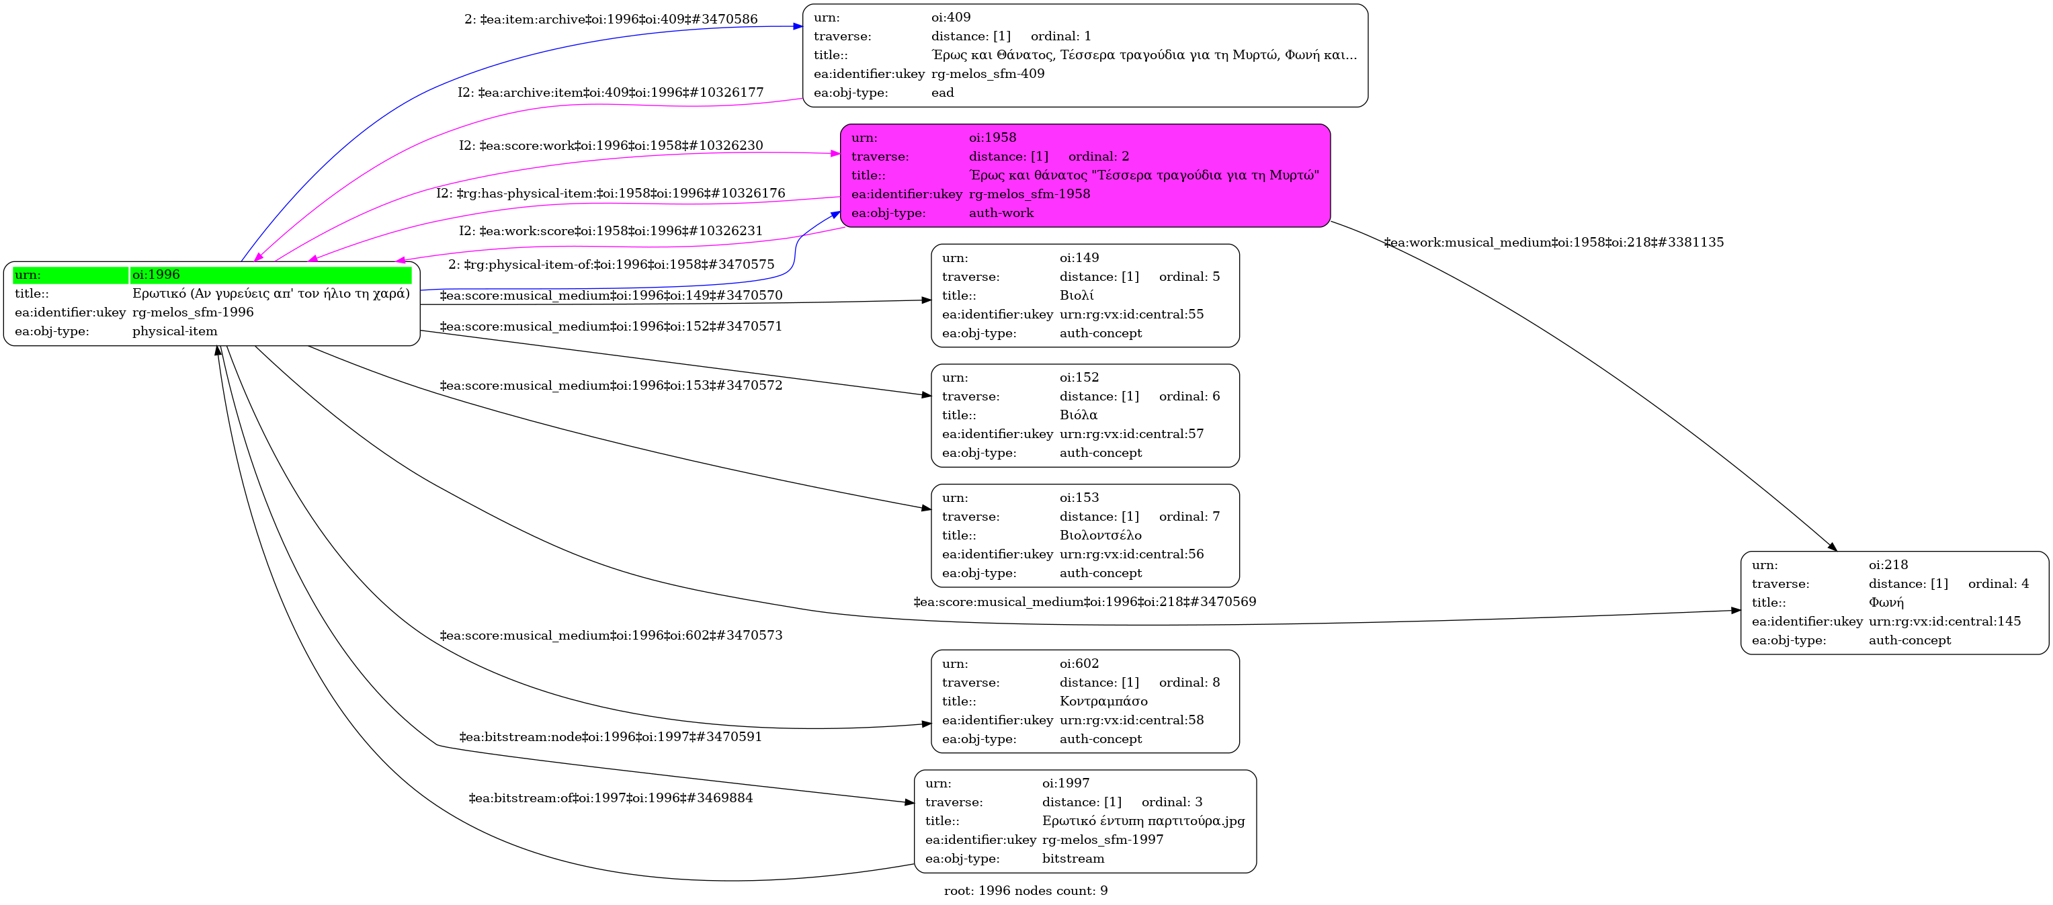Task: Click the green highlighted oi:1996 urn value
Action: (156, 275)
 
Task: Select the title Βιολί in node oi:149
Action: (1077, 296)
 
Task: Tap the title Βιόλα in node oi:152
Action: (1079, 415)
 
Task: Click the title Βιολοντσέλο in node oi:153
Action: (1101, 535)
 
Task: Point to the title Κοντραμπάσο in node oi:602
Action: (1104, 701)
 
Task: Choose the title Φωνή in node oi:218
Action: (1886, 602)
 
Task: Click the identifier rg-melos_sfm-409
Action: (987, 74)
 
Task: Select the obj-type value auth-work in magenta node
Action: (1001, 213)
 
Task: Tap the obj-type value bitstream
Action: (1073, 858)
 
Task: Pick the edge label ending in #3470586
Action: (610, 19)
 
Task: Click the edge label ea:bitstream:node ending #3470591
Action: (610, 737)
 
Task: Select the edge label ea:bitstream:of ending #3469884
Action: (610, 798)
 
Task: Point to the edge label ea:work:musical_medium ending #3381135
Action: (1553, 242)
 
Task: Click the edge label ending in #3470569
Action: (1085, 601)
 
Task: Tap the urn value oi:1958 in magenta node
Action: (993, 137)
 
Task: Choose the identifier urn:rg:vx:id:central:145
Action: (1945, 621)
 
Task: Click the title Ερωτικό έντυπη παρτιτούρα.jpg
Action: (1143, 820)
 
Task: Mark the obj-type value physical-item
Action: (175, 331)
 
